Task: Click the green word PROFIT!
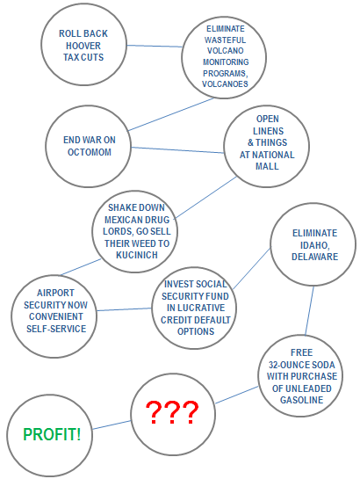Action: pyautogui.click(x=52, y=434)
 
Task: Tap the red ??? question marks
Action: pyautogui.click(x=172, y=412)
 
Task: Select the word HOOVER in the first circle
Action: pyautogui.click(x=83, y=46)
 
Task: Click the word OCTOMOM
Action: pyautogui.click(x=90, y=152)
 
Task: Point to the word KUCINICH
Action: pyautogui.click(x=137, y=255)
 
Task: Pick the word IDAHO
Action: pyautogui.click(x=315, y=245)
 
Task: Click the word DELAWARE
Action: pyautogui.click(x=315, y=257)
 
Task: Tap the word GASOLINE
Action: pyautogui.click(x=301, y=400)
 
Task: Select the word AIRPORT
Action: pyautogui.click(x=55, y=293)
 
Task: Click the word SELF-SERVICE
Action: pyautogui.click(x=56, y=329)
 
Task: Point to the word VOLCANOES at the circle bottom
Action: pyautogui.click(x=225, y=84)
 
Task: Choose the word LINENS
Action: pyautogui.click(x=268, y=131)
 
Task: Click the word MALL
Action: pyautogui.click(x=267, y=166)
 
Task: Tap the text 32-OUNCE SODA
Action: pyautogui.click(x=301, y=365)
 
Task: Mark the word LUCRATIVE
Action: pyautogui.click(x=196, y=308)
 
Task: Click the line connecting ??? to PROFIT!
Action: pyautogui.click(x=112, y=425)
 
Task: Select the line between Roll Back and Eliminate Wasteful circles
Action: pyautogui.click(x=155, y=46)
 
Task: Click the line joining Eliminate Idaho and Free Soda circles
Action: pyautogui.click(x=309, y=310)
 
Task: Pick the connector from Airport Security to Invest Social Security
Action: pyautogui.click(x=124, y=309)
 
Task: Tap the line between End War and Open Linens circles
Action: pyautogui.click(x=177, y=150)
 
